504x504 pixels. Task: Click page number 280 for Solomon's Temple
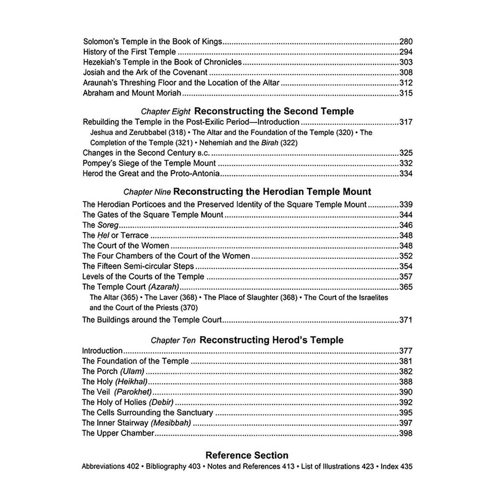(x=406, y=42)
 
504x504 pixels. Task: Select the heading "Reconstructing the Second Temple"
(x=274, y=111)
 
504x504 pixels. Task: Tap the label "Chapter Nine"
(x=147, y=192)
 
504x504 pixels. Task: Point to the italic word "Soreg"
(x=108, y=225)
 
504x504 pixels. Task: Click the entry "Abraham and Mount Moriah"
(x=132, y=93)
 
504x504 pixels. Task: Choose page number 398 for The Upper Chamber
(x=406, y=433)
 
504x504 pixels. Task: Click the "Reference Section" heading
(x=247, y=455)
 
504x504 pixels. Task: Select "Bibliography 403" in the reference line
(x=173, y=466)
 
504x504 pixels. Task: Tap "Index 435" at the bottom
(x=397, y=466)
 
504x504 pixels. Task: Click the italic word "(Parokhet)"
(x=133, y=392)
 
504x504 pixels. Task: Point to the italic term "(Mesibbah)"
(x=171, y=423)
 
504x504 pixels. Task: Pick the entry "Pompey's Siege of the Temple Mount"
(x=149, y=163)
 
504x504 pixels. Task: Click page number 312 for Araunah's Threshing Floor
(x=406, y=83)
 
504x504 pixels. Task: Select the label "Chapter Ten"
(x=173, y=340)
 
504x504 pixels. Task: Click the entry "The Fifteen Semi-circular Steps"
(x=138, y=266)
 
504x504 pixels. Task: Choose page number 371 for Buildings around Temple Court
(x=406, y=320)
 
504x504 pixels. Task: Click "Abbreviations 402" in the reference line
(x=110, y=466)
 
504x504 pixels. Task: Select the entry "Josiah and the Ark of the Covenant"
(x=145, y=73)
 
